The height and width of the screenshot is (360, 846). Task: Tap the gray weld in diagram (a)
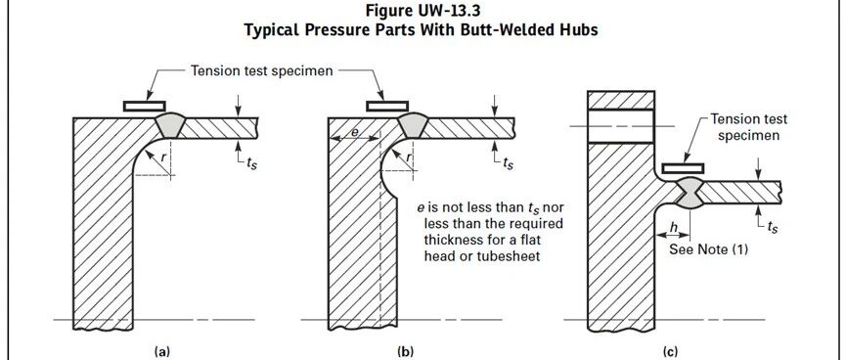click(x=169, y=125)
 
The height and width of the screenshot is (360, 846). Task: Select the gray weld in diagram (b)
click(x=414, y=125)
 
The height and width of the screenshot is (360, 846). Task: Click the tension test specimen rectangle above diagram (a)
click(x=144, y=107)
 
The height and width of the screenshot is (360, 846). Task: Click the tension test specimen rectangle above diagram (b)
click(x=387, y=107)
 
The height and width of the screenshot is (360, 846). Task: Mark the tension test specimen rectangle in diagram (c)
click(x=683, y=169)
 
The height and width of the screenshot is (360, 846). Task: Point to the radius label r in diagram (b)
click(x=408, y=157)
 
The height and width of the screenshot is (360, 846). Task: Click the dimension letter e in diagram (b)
click(x=352, y=131)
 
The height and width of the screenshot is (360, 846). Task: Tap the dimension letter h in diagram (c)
click(x=673, y=228)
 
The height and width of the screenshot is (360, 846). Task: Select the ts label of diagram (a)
click(x=251, y=163)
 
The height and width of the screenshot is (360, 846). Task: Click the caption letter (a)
click(x=161, y=352)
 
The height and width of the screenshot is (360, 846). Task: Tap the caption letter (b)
click(x=405, y=352)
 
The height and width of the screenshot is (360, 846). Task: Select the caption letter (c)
click(x=670, y=352)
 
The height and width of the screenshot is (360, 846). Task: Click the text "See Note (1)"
click(x=708, y=249)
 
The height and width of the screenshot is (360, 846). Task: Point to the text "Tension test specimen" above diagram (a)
click(x=262, y=70)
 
